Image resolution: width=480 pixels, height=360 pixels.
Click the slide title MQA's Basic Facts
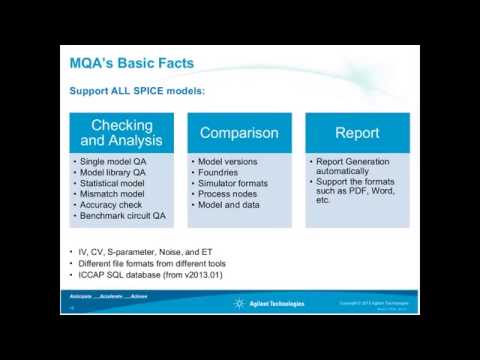131,63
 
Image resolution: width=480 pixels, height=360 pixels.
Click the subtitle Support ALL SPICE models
137,91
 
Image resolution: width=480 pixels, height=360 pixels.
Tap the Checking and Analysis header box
121,133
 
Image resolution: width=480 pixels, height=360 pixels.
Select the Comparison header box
239,133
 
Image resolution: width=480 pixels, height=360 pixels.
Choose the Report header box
357,133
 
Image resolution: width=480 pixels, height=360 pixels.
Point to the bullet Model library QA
113,172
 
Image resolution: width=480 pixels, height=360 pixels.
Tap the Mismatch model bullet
113,194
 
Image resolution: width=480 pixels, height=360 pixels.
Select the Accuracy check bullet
111,205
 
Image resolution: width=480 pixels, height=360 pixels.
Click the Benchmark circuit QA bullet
122,216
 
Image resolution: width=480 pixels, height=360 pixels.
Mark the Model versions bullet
227,162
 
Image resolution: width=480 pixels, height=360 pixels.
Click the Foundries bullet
218,172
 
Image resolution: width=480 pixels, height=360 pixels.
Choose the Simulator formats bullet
233,183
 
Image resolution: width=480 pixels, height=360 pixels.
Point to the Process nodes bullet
227,194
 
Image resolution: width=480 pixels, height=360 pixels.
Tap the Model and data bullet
229,205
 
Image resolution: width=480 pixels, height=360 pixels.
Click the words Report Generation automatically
353,166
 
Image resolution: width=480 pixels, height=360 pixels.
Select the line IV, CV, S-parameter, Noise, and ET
145,252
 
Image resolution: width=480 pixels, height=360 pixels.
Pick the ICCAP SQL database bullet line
150,275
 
